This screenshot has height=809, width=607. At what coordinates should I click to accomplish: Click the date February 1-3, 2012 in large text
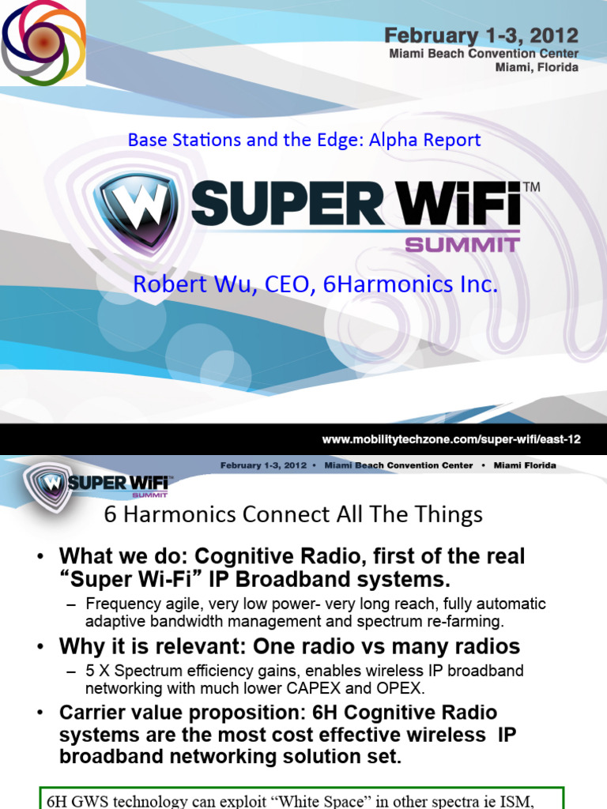481,36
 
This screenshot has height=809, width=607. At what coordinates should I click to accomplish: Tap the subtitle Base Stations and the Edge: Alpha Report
304,140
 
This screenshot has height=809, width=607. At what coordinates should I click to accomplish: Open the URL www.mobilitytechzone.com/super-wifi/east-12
451,439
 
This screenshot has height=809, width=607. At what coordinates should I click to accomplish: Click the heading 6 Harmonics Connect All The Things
293,515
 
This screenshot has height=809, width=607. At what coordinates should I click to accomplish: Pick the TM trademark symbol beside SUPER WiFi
532,187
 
